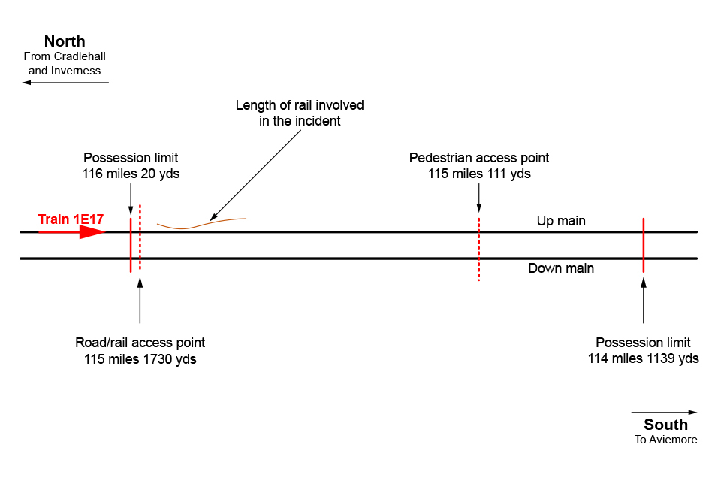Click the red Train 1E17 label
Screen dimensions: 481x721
[x=71, y=219]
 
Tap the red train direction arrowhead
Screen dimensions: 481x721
[x=92, y=232]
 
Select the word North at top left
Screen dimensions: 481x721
[x=65, y=41]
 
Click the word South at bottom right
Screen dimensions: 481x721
[x=665, y=425]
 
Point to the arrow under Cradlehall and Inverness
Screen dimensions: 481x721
[x=65, y=83]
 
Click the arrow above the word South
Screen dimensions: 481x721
[x=664, y=412]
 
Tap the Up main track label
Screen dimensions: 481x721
[x=561, y=221]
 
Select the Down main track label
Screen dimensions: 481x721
[x=561, y=268]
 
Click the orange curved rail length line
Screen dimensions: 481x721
[x=201, y=223]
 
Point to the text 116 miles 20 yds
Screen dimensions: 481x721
[x=131, y=174]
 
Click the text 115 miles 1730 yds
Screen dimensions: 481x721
[x=140, y=359]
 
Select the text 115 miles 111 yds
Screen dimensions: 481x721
[x=479, y=174]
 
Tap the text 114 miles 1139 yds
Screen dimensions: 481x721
[x=644, y=358]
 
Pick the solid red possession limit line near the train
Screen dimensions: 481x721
[x=131, y=245]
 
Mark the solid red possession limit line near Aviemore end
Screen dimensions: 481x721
[x=644, y=245]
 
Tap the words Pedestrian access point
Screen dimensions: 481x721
[x=479, y=158]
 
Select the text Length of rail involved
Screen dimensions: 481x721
[x=300, y=105]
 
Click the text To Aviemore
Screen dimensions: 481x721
[x=665, y=440]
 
